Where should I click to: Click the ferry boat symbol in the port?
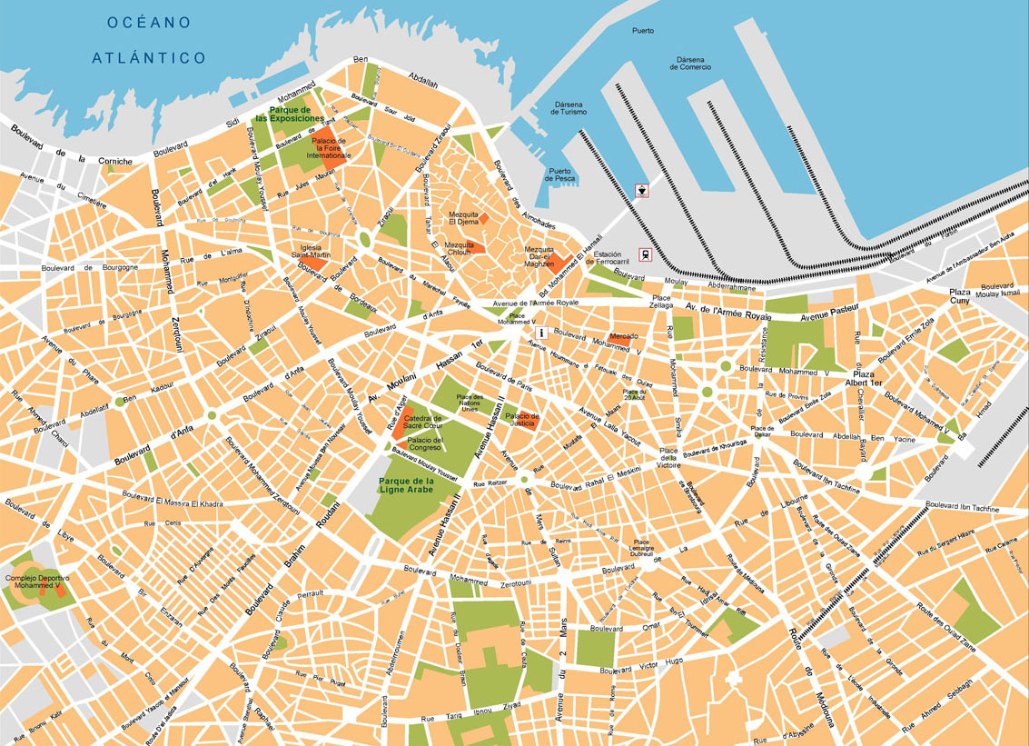(643, 190)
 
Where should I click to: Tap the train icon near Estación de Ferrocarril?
(644, 255)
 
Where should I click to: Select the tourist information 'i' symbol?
(541, 333)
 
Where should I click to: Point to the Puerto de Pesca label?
(560, 174)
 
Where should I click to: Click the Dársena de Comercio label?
(690, 62)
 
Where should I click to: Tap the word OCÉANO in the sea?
(148, 22)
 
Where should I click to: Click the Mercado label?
(623, 336)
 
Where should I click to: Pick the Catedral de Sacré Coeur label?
(422, 422)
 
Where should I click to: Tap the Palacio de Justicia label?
(522, 420)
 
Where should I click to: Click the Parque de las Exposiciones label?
(289, 114)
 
